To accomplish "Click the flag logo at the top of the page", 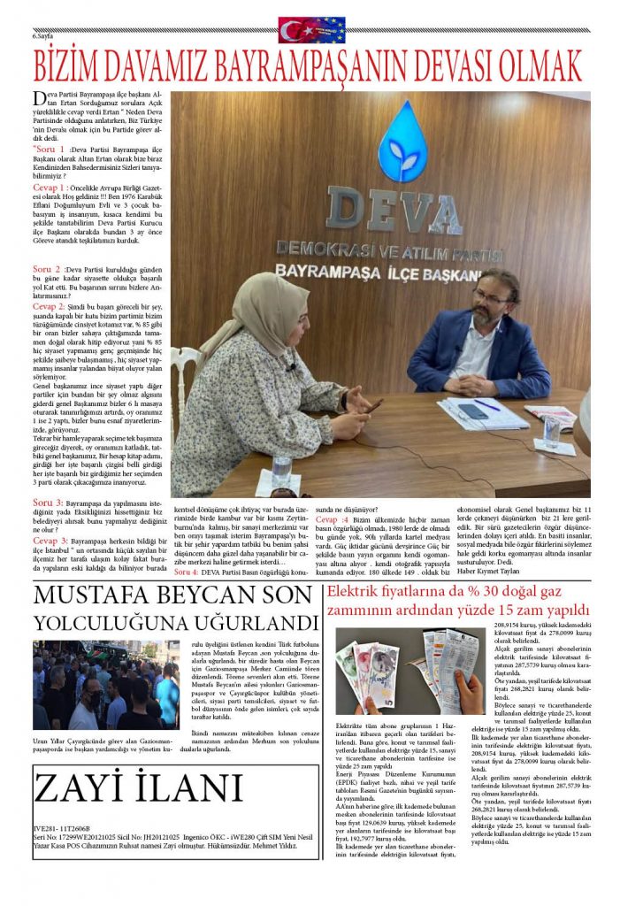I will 311,30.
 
